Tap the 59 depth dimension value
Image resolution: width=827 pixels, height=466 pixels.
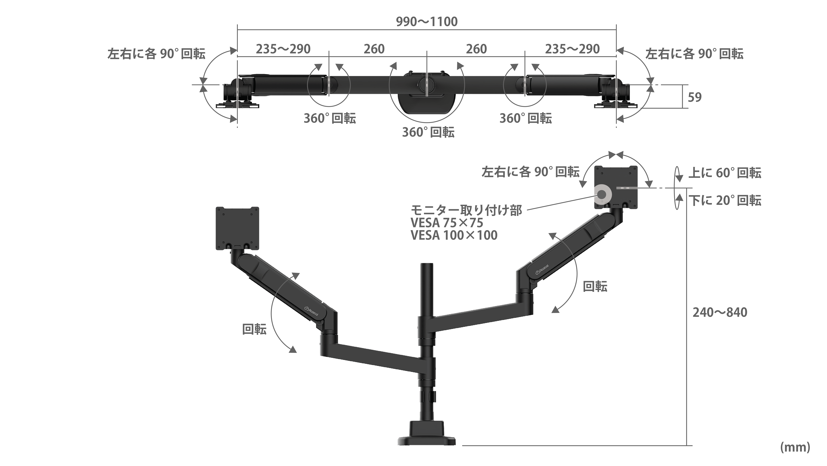[x=694, y=97]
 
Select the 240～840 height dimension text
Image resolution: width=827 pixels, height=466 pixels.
[x=720, y=312]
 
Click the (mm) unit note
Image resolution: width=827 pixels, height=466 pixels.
[x=795, y=447]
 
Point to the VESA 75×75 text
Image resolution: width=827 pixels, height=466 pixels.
[x=447, y=223]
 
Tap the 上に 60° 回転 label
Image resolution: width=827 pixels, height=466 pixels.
[x=725, y=173]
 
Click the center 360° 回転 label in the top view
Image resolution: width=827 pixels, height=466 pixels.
[x=428, y=132]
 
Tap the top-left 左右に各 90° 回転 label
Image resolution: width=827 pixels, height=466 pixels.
[x=156, y=54]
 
